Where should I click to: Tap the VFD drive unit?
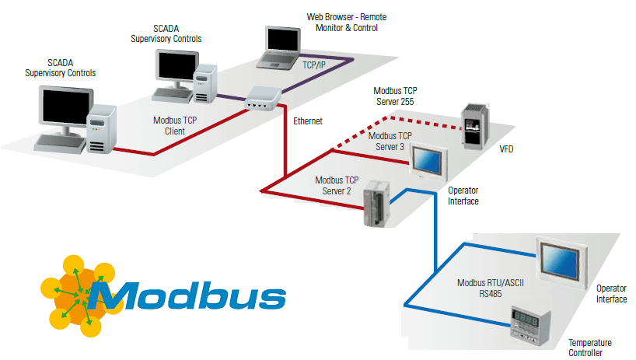(x=475, y=124)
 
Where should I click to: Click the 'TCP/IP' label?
(x=314, y=65)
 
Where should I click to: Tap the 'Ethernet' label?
(x=308, y=121)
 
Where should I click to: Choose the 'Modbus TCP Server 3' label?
(x=390, y=141)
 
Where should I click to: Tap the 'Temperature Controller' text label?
(x=589, y=348)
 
